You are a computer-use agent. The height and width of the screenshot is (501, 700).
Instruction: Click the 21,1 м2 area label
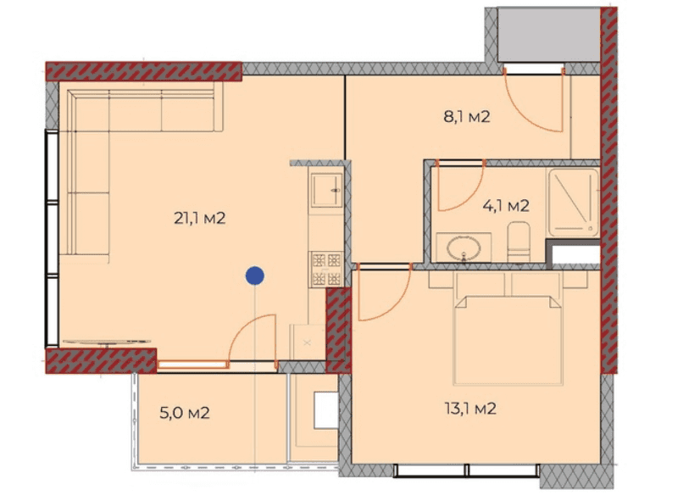pyautogui.click(x=200, y=219)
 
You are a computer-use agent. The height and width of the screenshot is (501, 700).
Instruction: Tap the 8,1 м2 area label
pyautogui.click(x=467, y=118)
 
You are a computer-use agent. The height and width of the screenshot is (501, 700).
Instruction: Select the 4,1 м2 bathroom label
pyautogui.click(x=506, y=205)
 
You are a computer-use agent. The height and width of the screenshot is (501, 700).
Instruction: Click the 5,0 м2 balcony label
pyautogui.click(x=184, y=414)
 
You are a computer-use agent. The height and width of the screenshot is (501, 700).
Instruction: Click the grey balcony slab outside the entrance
pyautogui.click(x=550, y=34)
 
